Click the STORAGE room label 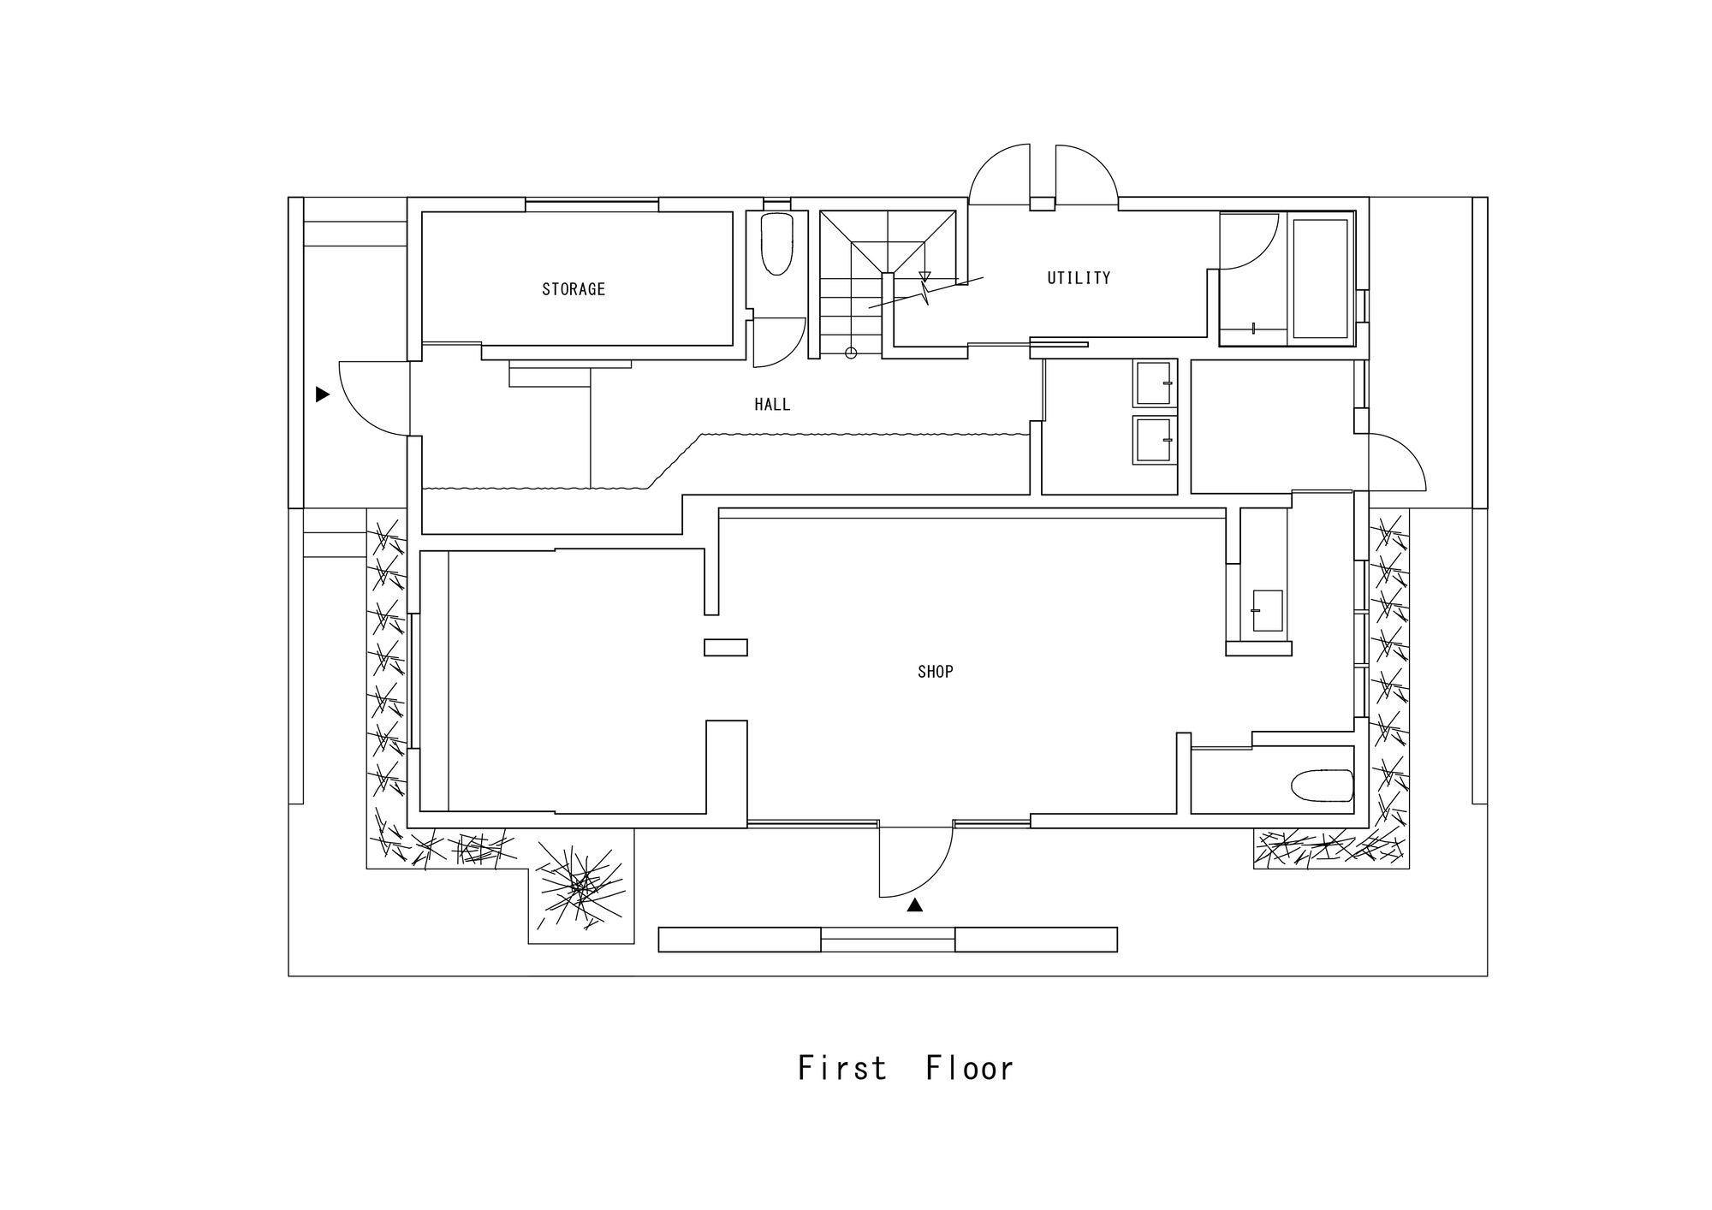click(x=574, y=289)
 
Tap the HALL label click(x=772, y=405)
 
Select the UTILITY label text click(x=1079, y=278)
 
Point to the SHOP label click(x=936, y=672)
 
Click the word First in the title click(x=842, y=1068)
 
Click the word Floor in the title click(x=970, y=1068)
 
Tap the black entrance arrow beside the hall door click(x=323, y=394)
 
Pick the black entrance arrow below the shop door click(x=915, y=905)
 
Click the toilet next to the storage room click(x=776, y=244)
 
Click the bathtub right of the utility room click(x=1320, y=278)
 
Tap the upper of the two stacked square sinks click(x=1155, y=384)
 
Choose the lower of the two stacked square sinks click(x=1155, y=440)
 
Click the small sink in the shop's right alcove click(x=1267, y=611)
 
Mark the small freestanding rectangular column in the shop click(x=726, y=648)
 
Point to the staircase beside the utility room click(x=888, y=283)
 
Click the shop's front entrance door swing click(x=916, y=862)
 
